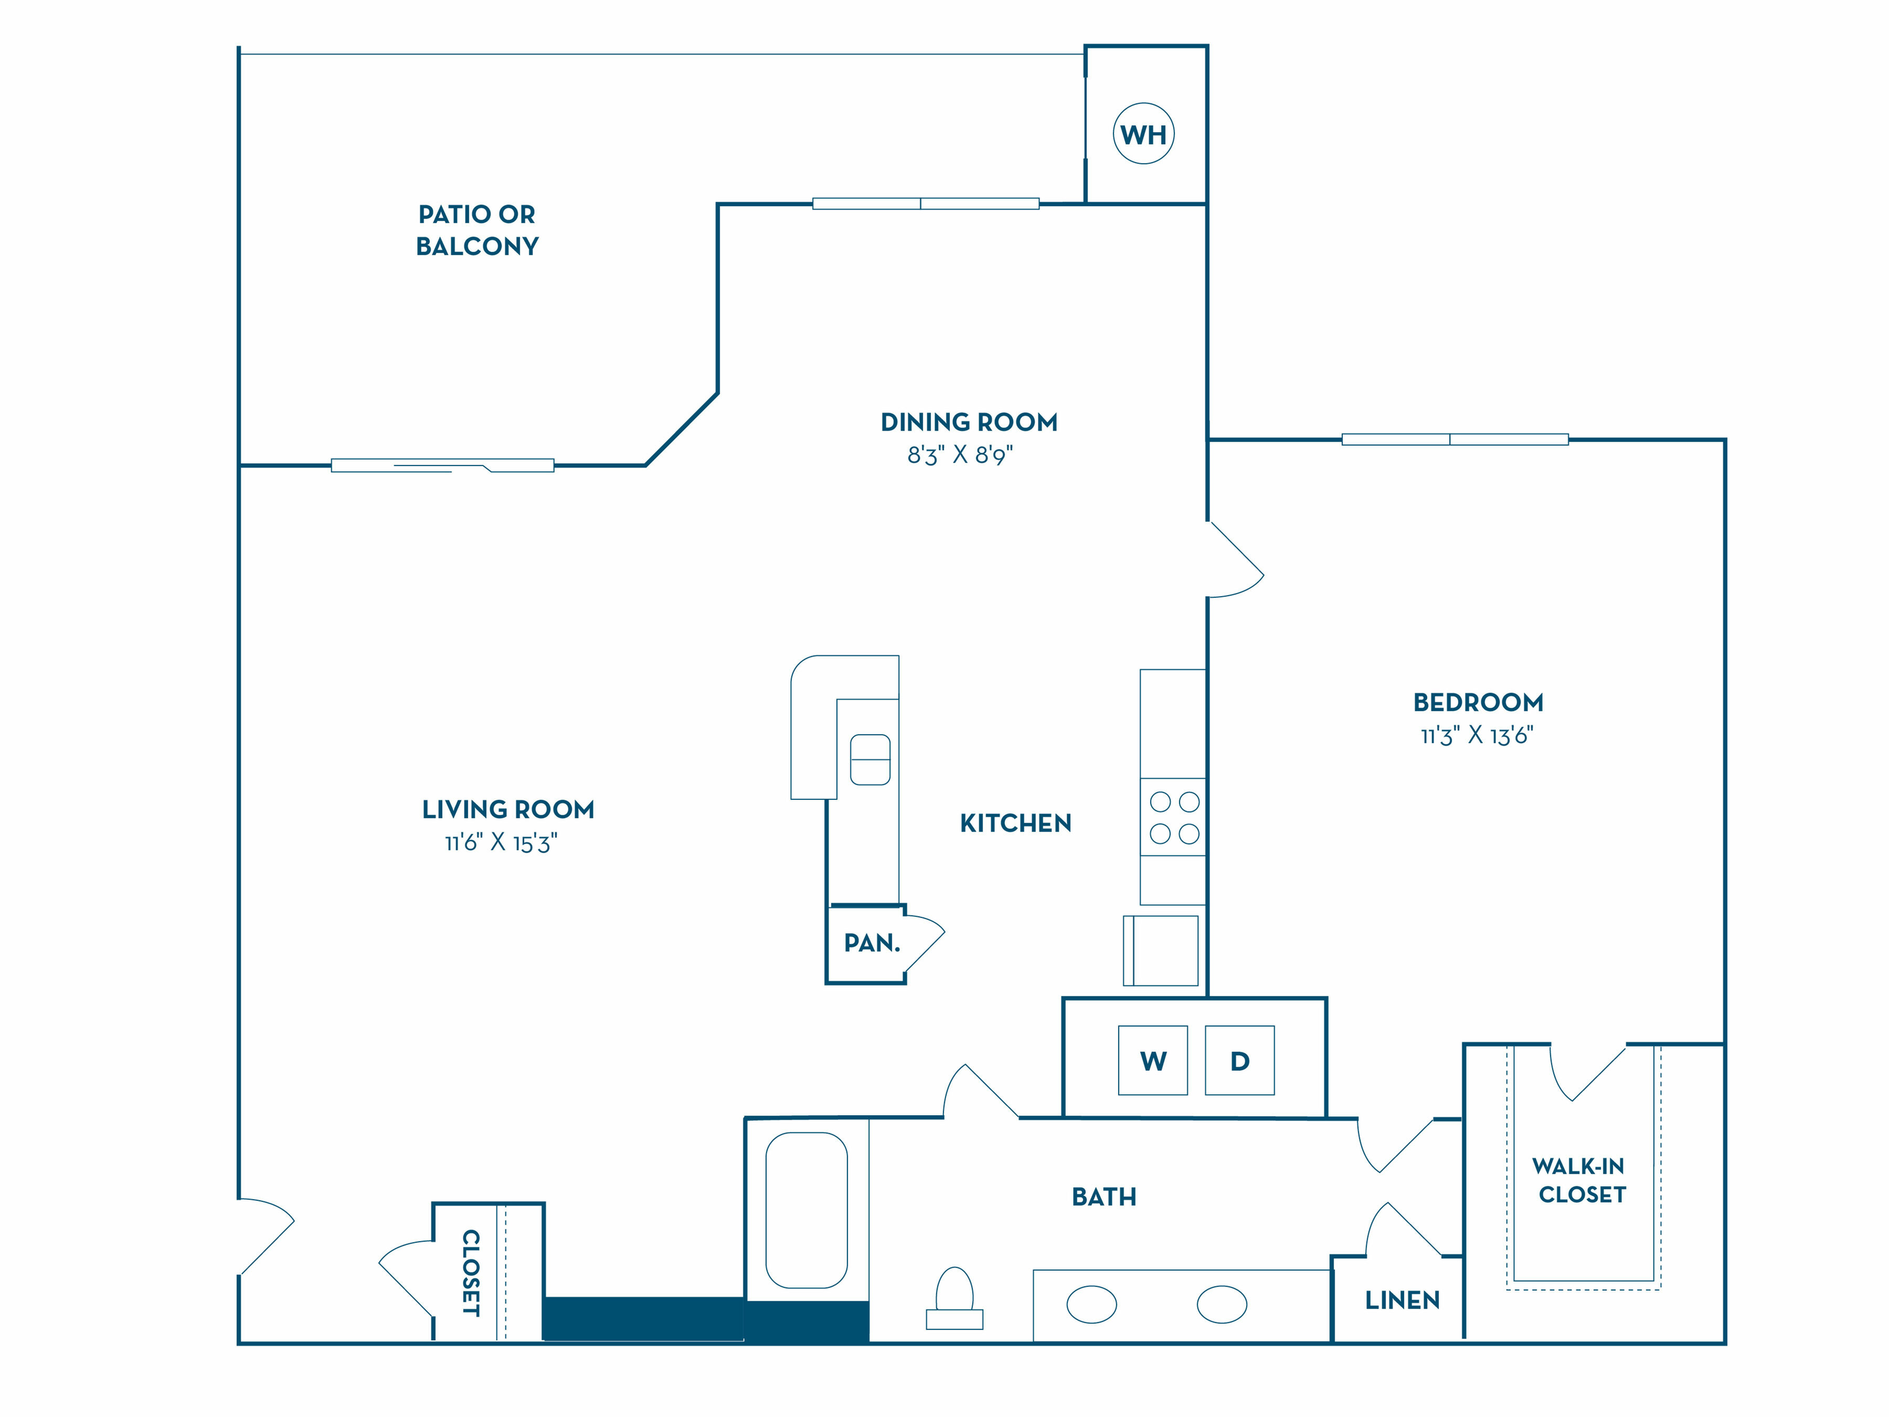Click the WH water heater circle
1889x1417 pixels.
point(1143,134)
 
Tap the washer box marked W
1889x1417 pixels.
point(1153,1060)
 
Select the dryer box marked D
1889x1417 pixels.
point(1240,1060)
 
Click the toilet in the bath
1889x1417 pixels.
point(955,1298)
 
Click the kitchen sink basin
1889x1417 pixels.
point(870,759)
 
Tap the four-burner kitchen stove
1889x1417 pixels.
point(1173,818)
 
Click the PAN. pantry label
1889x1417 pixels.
point(872,943)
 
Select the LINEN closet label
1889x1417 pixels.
point(1402,1300)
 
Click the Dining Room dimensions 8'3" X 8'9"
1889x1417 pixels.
point(960,454)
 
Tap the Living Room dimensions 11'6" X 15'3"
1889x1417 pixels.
point(501,843)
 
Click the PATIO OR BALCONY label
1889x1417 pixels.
point(477,230)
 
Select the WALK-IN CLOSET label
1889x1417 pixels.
point(1580,1180)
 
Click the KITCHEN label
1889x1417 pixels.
point(1015,823)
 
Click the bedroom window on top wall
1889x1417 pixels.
point(1455,439)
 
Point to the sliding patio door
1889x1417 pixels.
point(442,466)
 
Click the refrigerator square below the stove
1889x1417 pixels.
point(1161,950)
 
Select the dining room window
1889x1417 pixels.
point(926,203)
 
